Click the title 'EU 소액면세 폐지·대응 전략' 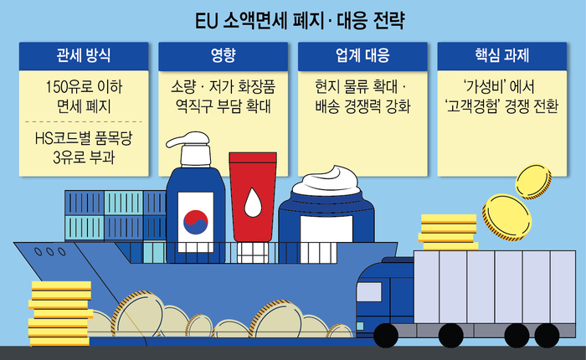coord(300,21)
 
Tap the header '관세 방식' coord(84,55)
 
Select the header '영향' coord(224,55)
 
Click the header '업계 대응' coord(362,55)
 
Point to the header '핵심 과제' coord(502,55)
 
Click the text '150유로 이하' coord(84,87)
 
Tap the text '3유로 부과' coord(84,157)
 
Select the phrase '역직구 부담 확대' coord(224,106)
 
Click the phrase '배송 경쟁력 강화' coord(362,106)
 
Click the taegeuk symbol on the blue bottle coord(195,222)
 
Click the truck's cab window coord(369,291)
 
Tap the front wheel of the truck coord(386,336)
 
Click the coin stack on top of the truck coord(448,232)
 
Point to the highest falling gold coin coord(533,182)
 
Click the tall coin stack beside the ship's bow coord(60,314)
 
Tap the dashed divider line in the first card coord(84,122)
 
